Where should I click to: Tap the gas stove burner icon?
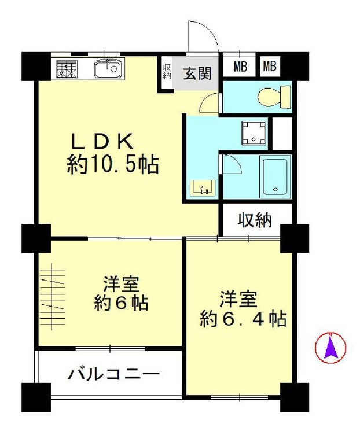(67, 69)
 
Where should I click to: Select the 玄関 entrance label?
(197, 73)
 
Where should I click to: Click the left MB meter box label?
(240, 67)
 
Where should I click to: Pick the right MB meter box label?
(270, 67)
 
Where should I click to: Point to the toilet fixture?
(274, 97)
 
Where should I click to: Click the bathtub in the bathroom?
(275, 177)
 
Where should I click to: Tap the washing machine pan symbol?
(254, 133)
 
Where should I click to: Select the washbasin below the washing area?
(203, 187)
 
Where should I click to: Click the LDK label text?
(102, 141)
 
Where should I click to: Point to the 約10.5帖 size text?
(113, 165)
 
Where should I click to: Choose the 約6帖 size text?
(121, 304)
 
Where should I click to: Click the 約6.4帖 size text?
(243, 319)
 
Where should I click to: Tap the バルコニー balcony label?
(114, 375)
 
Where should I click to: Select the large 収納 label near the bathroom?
(255, 220)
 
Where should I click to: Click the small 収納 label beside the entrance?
(167, 71)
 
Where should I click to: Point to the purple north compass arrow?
(330, 348)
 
